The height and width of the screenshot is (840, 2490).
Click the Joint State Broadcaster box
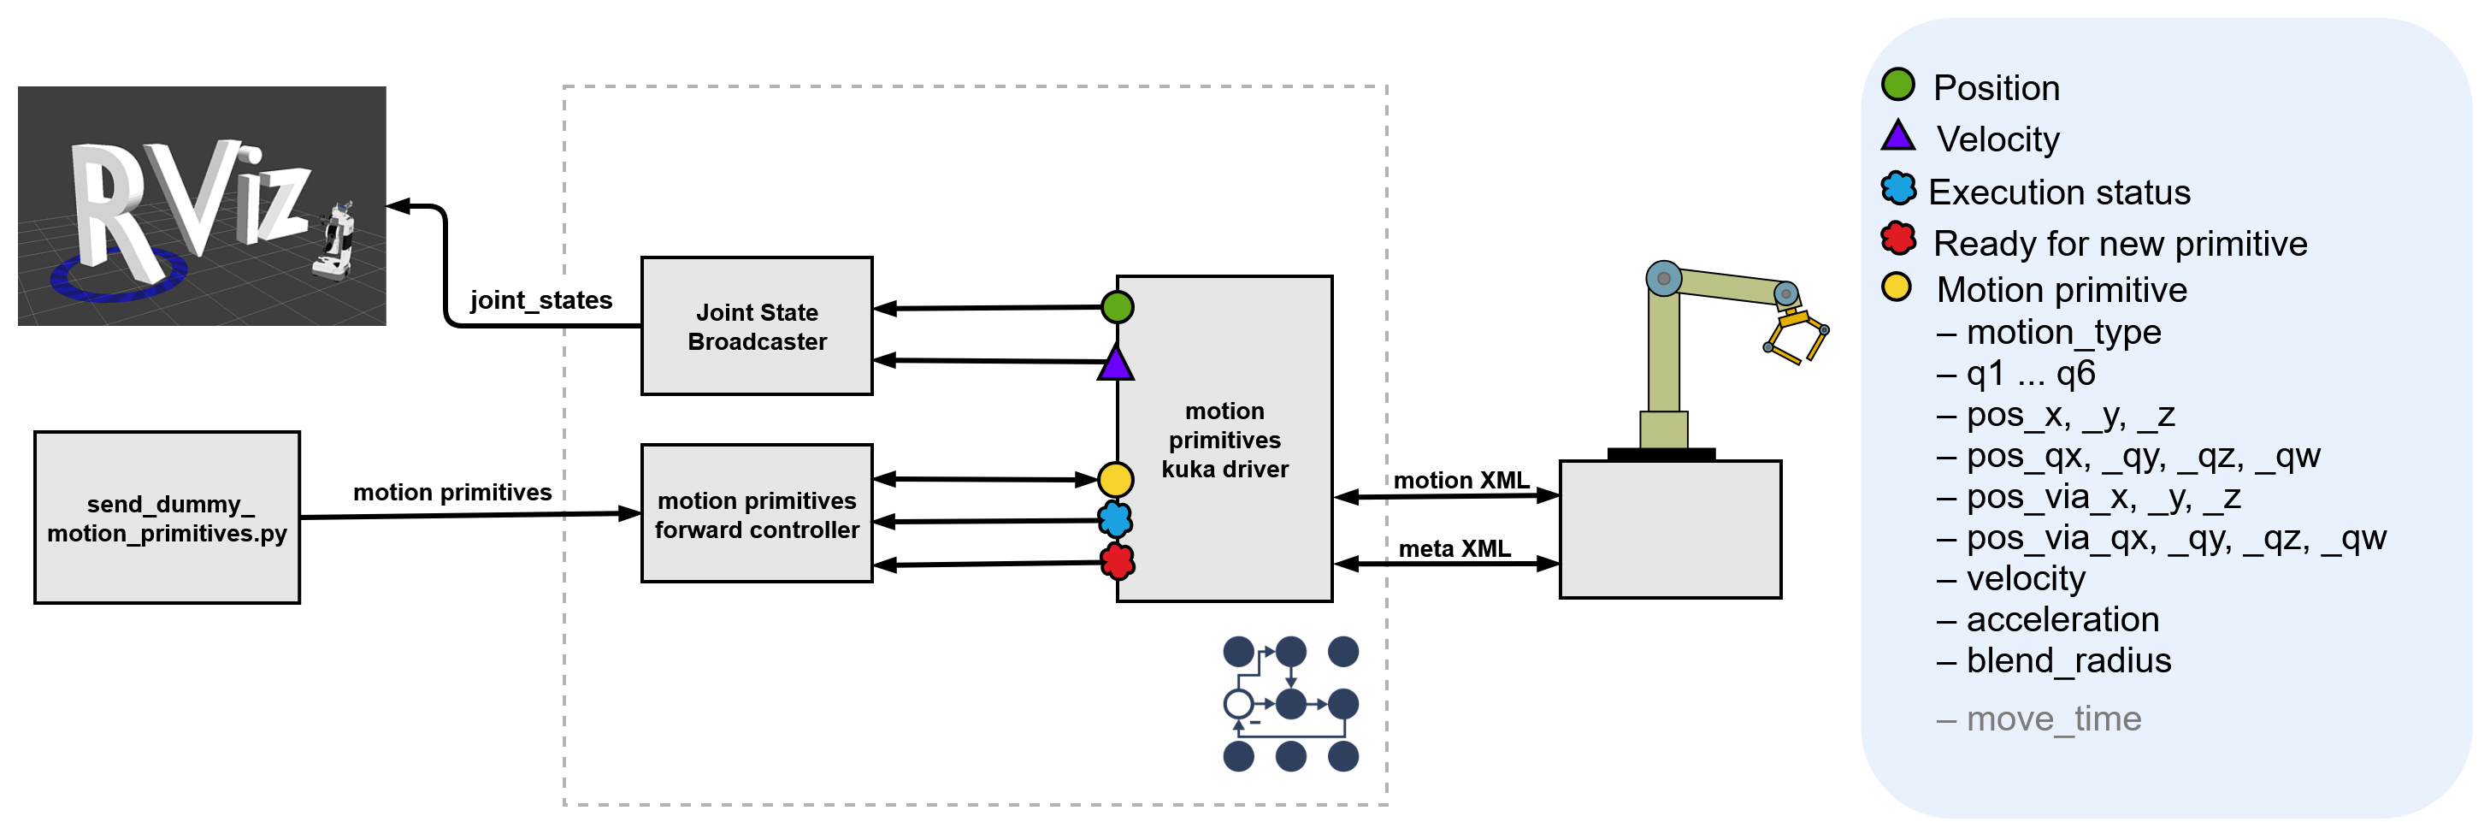[x=757, y=326]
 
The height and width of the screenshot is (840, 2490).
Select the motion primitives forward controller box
[x=757, y=513]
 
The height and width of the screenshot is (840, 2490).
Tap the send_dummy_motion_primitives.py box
[x=168, y=518]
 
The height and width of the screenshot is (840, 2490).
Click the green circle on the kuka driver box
[x=1117, y=307]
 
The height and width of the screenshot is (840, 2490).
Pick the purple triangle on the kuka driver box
[x=1116, y=364]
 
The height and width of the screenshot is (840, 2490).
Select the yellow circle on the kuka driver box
[x=1116, y=478]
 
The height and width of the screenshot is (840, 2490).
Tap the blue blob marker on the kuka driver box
[x=1116, y=520]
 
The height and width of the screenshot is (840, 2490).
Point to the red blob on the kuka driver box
[x=1118, y=560]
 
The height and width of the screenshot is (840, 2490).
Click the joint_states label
[x=540, y=300]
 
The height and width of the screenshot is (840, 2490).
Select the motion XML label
[x=1460, y=481]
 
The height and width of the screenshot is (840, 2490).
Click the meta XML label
[x=1454, y=548]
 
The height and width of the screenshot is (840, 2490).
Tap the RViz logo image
[x=201, y=206]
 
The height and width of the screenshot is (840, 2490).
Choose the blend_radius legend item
[x=2068, y=660]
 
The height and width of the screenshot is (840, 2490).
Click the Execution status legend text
[x=2059, y=192]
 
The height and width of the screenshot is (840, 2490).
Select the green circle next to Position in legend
[x=1897, y=85]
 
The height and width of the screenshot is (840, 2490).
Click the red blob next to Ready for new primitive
[x=1897, y=238]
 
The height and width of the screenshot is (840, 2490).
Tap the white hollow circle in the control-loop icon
[x=1238, y=704]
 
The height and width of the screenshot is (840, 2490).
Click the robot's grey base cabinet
[x=1669, y=529]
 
